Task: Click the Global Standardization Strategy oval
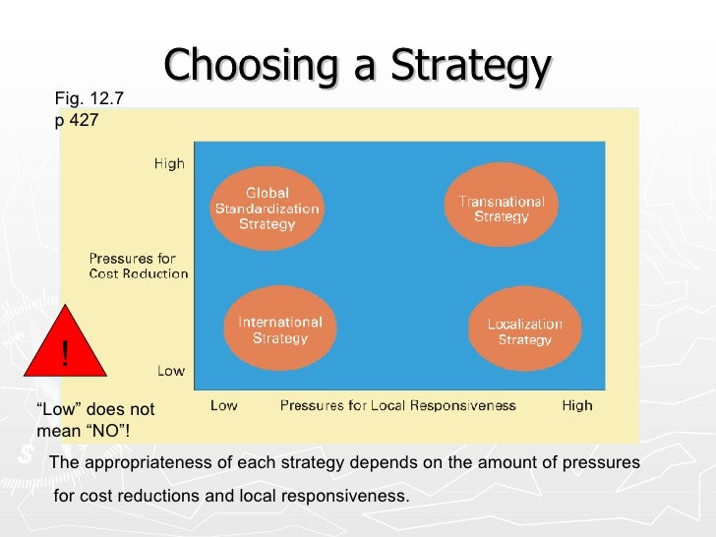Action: (267, 209)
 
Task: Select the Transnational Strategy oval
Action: (502, 209)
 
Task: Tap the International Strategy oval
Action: (280, 329)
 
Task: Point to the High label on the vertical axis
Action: (169, 164)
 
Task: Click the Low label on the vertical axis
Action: (171, 371)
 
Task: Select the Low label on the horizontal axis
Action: (223, 405)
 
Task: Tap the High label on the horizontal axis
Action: (577, 405)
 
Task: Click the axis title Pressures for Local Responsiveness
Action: (399, 405)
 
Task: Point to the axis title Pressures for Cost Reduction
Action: (139, 267)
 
